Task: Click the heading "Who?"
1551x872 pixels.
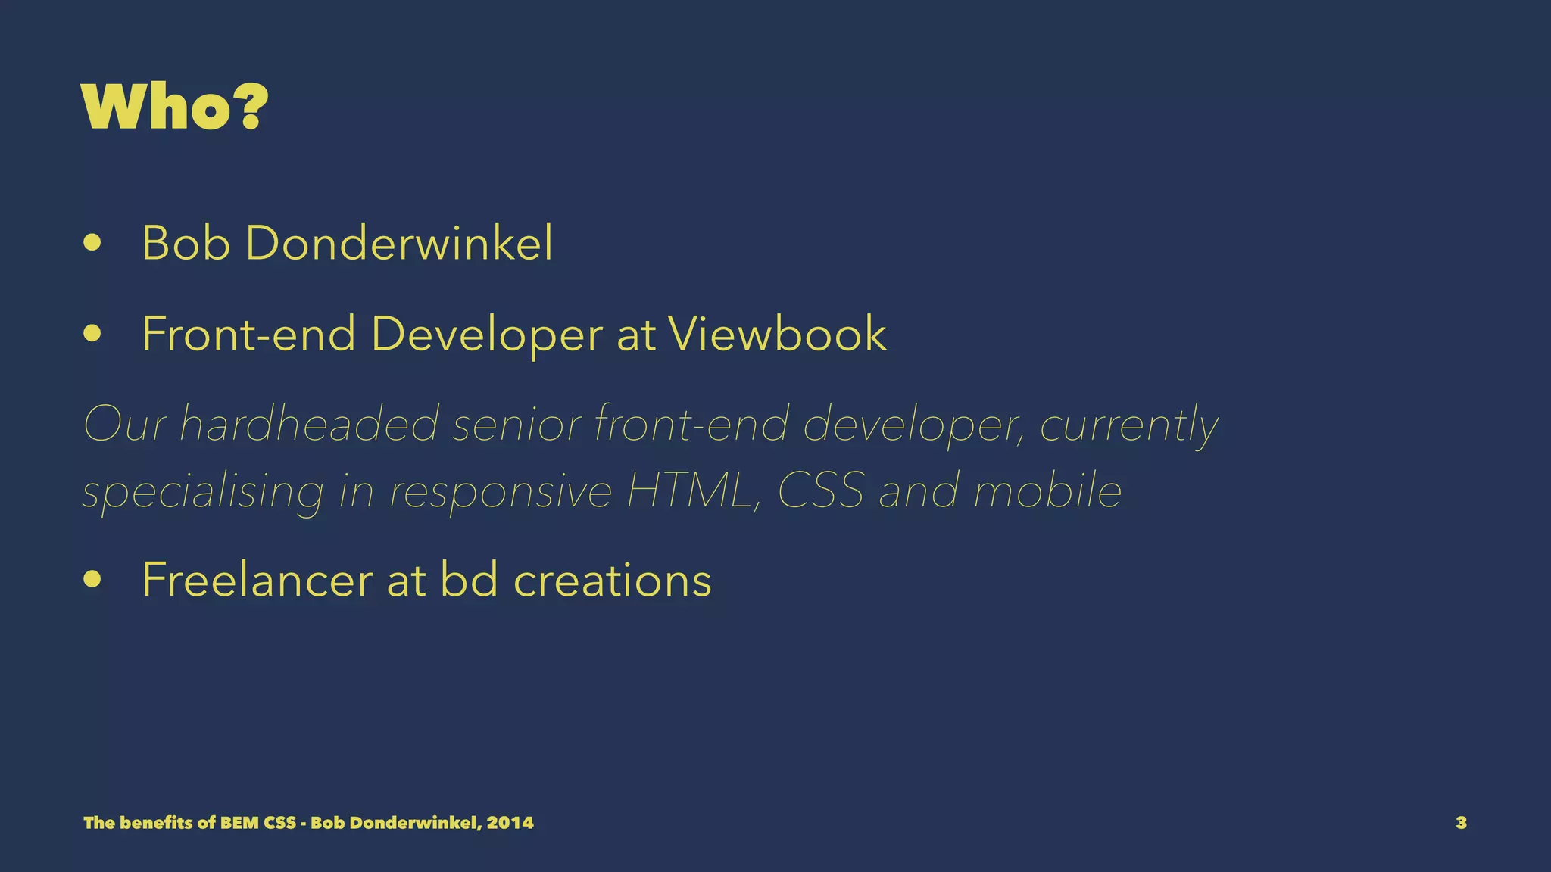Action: tap(174, 107)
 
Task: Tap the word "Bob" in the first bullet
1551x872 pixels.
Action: tap(186, 243)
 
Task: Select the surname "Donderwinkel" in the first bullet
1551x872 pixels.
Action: tap(399, 243)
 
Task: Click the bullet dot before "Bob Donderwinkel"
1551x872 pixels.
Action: tap(92, 244)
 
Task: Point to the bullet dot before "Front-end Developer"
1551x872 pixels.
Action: tap(92, 334)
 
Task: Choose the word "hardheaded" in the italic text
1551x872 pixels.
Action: tap(309, 424)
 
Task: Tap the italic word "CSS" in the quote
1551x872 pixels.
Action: tap(821, 490)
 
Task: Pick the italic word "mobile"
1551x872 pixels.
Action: tap(1047, 490)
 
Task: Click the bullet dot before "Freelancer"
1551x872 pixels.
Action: tap(92, 580)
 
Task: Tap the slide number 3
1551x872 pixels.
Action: tap(1461, 823)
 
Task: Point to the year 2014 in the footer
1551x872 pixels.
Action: tap(510, 823)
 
